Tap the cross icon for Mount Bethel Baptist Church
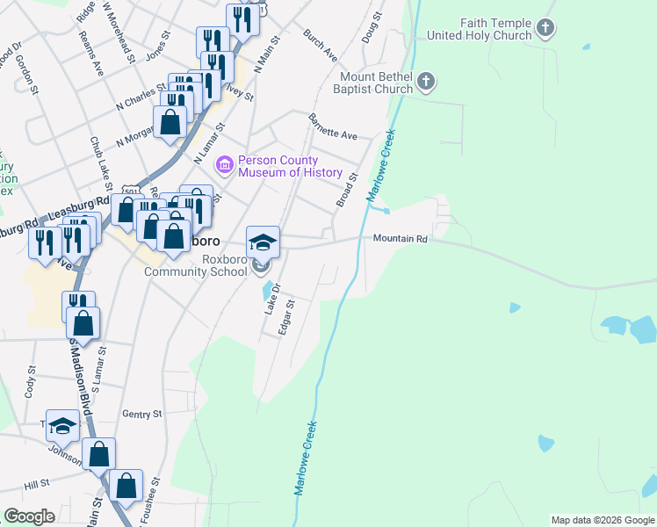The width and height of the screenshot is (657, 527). coord(426,83)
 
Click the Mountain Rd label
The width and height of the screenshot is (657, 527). coord(400,239)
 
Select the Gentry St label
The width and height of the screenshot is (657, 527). coord(143,414)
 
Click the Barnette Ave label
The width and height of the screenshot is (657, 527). coord(332,127)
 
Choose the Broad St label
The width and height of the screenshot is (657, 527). coord(348,190)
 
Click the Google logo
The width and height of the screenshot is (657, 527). coord(29,516)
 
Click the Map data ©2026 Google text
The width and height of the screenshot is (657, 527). coord(602,520)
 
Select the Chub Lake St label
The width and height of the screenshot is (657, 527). coord(100,162)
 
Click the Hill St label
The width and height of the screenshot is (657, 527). coord(37,484)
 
